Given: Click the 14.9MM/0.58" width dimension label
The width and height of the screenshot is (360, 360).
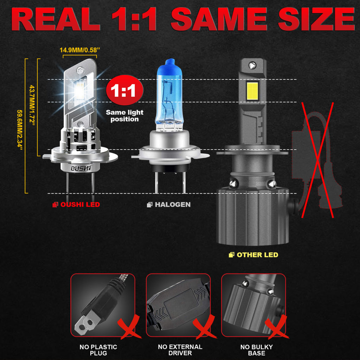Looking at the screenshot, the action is [x=80, y=50].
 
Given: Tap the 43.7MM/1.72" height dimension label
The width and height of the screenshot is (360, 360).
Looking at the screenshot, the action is [x=32, y=105].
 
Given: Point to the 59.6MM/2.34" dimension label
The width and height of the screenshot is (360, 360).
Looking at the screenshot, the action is [x=20, y=130].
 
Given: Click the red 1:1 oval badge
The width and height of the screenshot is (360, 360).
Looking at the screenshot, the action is [x=124, y=90].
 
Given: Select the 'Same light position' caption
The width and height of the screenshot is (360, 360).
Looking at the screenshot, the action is [x=124, y=116].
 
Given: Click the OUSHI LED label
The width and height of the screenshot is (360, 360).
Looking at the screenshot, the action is [x=76, y=205].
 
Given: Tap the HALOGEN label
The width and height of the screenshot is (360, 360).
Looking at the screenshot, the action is [x=169, y=205].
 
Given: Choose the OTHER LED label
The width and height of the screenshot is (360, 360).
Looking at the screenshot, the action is [x=253, y=255].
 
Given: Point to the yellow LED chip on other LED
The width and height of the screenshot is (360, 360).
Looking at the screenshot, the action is [x=252, y=91].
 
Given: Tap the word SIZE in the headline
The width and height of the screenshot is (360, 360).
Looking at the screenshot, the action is [x=317, y=19].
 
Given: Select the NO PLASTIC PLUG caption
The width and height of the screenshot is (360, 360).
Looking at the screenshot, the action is [x=98, y=350].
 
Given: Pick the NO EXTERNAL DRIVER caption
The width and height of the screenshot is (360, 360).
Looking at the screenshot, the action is [x=180, y=350].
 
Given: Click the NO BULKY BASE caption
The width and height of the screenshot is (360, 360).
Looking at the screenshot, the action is [x=256, y=350].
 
